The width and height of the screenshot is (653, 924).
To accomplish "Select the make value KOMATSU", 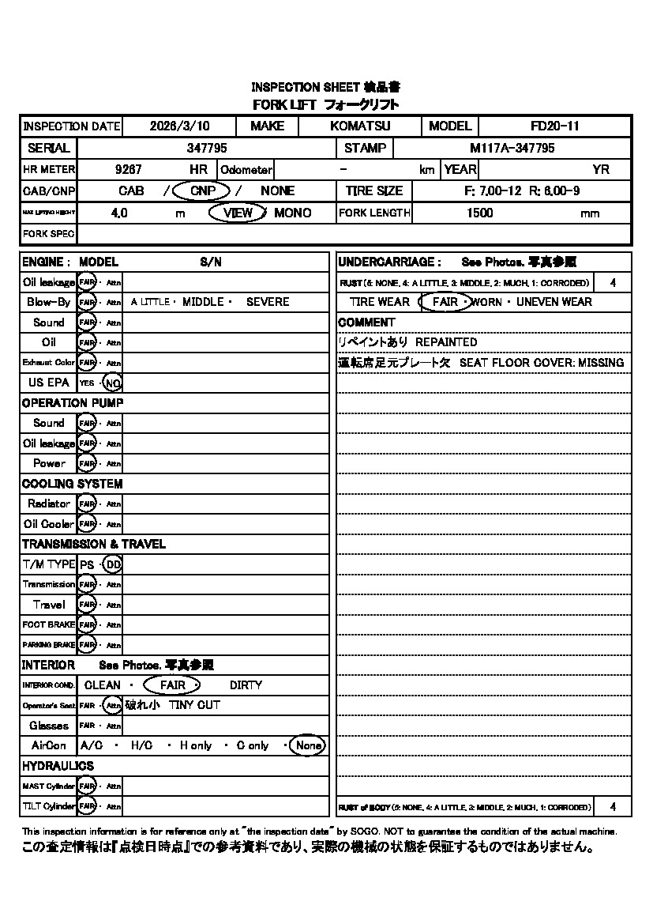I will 360,126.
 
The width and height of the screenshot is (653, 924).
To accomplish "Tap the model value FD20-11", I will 555,126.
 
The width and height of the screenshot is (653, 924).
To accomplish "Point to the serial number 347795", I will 207,148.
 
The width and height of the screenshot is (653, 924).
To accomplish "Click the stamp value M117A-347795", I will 512,148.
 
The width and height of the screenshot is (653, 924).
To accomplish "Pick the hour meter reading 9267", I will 129,169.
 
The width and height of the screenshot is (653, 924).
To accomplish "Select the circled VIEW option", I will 238,213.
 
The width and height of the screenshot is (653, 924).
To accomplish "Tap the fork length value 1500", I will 480,213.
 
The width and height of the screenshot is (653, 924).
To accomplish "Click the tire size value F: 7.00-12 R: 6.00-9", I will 522,190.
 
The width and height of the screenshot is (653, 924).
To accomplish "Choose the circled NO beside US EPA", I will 113,383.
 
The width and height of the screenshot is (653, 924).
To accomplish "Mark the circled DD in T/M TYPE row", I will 113,564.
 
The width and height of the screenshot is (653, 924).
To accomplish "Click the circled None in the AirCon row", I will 308,745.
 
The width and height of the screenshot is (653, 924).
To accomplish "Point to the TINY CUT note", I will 194,705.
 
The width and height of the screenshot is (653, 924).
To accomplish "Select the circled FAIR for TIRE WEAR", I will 445,302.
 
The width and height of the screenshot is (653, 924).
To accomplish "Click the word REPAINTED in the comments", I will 446,342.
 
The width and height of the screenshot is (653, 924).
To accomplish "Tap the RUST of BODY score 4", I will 614,807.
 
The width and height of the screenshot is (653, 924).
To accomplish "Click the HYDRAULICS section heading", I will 58,766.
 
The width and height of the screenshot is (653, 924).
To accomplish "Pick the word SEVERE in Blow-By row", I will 268,302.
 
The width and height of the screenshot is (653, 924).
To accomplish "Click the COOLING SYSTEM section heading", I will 72,484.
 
